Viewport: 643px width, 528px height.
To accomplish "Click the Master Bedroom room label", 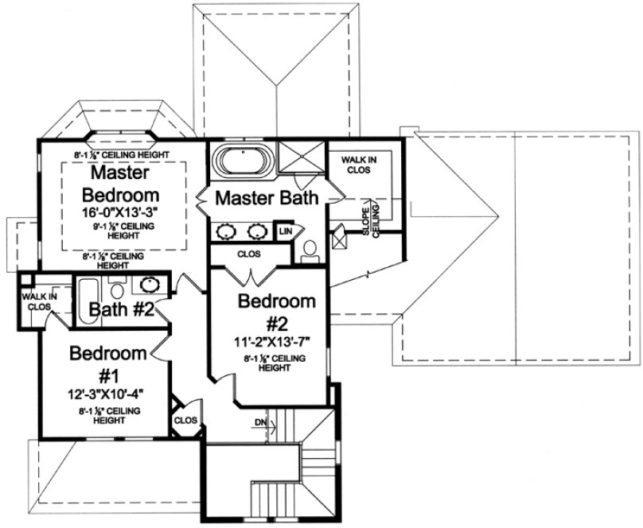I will [x=123, y=183].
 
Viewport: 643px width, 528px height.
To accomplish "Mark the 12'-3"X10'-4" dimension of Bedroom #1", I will [x=107, y=394].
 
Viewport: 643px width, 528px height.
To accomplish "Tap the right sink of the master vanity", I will [x=257, y=232].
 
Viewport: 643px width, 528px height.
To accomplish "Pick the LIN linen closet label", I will [x=284, y=231].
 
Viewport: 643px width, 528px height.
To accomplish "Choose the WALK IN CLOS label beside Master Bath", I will [x=358, y=165].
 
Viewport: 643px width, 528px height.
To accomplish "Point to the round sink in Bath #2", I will [x=148, y=284].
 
